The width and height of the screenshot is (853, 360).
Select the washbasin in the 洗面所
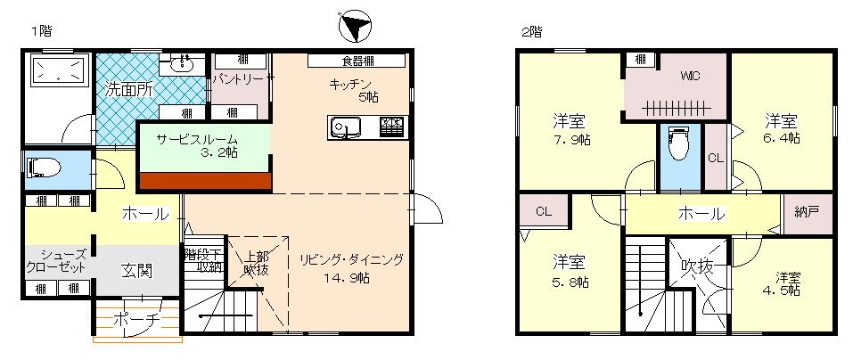click(182, 65)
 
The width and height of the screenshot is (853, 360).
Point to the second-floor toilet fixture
click(678, 143)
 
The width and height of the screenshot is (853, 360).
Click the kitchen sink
click(344, 128)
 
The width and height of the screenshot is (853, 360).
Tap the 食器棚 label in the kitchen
click(357, 61)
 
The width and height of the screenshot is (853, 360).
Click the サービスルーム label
click(198, 139)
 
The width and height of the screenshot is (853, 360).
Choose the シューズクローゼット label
click(56, 261)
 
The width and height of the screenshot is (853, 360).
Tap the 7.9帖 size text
click(571, 140)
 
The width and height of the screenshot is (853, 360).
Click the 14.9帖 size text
click(347, 278)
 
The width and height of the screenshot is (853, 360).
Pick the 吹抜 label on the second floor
click(697, 266)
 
